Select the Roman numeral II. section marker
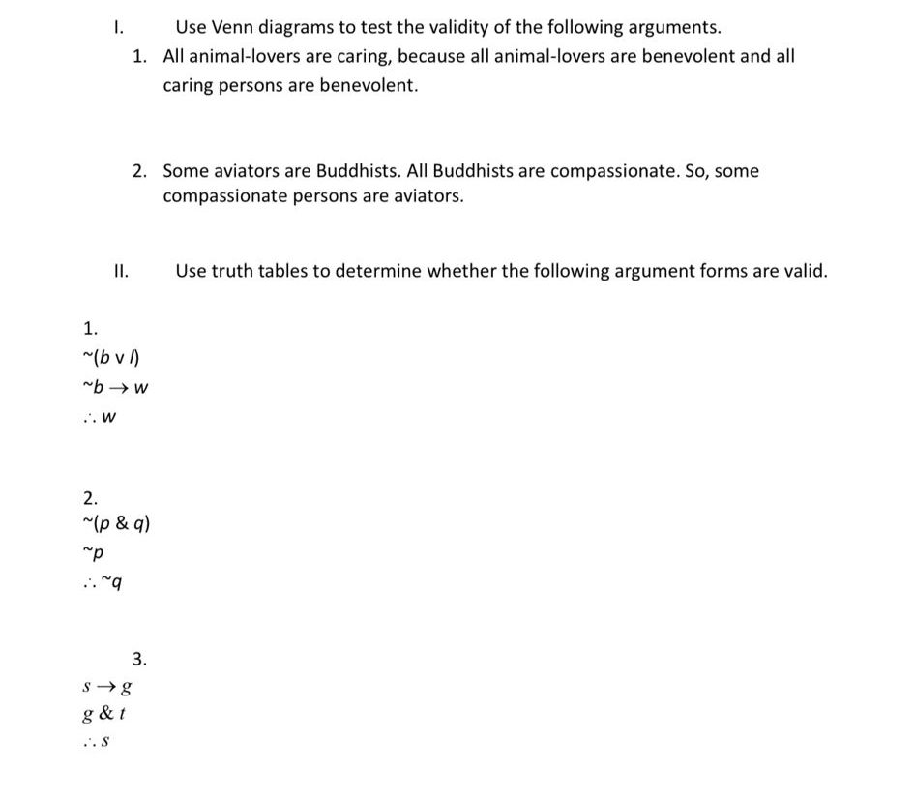(x=121, y=271)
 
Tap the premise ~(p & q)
(x=117, y=525)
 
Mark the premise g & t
(x=106, y=716)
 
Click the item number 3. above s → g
(x=139, y=660)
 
